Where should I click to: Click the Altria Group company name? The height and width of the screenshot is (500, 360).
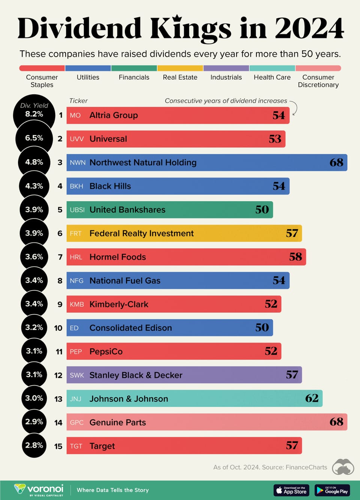(113, 115)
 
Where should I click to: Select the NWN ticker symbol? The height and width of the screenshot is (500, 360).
(77, 163)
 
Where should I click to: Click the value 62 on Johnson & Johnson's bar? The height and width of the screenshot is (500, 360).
(312, 398)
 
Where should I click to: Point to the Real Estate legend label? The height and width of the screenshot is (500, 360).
(180, 77)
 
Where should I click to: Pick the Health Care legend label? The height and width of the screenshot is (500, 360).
(272, 77)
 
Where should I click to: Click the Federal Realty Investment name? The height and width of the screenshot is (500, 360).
(141, 233)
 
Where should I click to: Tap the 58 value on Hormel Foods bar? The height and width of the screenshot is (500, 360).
(295, 257)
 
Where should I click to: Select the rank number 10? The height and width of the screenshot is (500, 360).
(58, 328)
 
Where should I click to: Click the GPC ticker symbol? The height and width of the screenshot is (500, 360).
(76, 423)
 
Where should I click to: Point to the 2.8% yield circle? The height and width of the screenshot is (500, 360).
(34, 446)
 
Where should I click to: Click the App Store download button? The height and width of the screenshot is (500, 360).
(292, 490)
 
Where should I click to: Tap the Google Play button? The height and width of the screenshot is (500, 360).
(332, 490)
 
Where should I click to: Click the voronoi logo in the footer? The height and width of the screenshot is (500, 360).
(39, 489)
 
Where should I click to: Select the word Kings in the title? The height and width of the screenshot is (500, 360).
(190, 29)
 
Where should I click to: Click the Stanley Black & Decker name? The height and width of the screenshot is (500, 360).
(136, 375)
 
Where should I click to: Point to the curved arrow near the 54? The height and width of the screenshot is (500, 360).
(294, 108)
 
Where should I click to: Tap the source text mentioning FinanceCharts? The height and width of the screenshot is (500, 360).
(270, 467)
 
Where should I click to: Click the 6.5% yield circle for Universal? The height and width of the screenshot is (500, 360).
(34, 138)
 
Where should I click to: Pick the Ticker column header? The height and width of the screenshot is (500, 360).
(78, 101)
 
